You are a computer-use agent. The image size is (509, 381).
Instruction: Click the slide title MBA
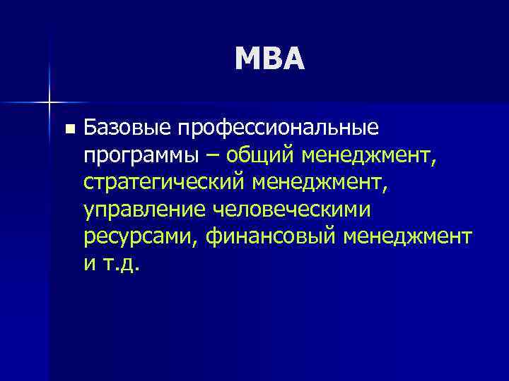(x=271, y=59)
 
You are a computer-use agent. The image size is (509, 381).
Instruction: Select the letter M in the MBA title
(x=247, y=59)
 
